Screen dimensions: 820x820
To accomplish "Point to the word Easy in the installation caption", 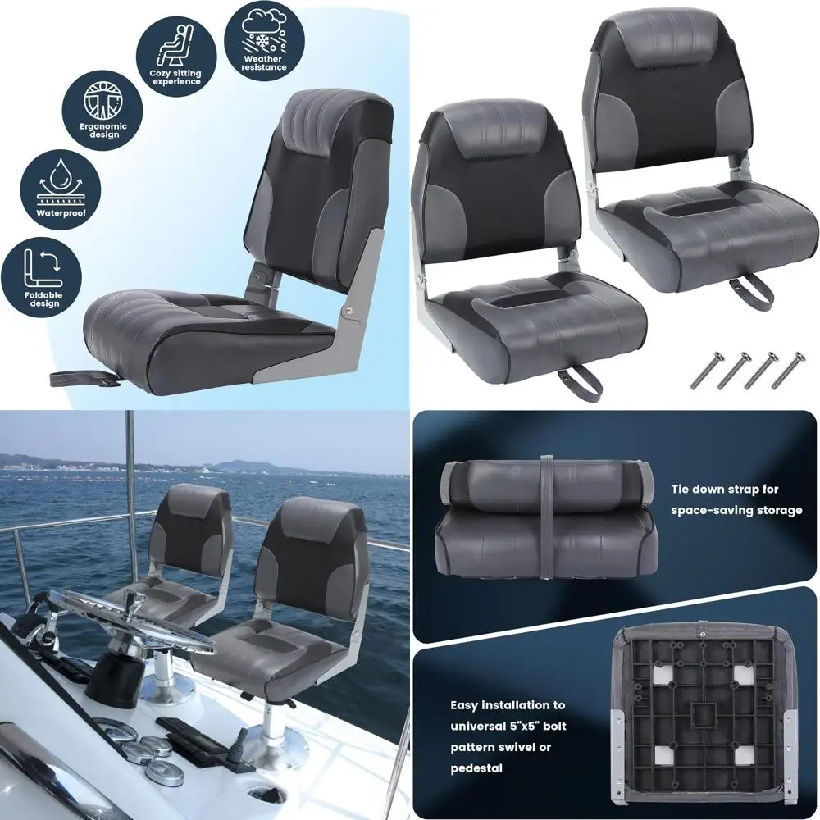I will [467, 704].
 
